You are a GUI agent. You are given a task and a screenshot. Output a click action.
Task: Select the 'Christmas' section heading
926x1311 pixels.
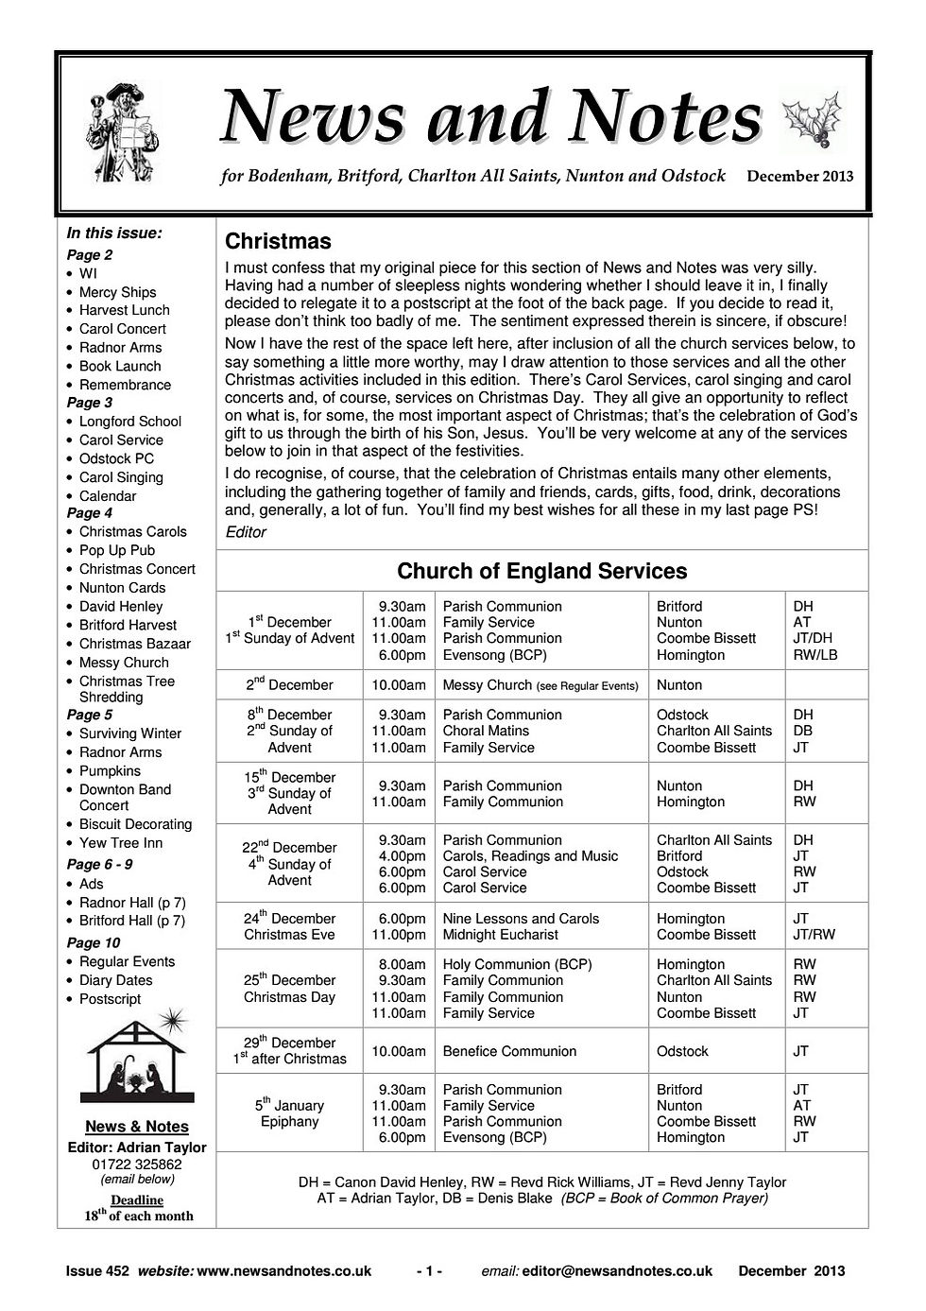pyautogui.click(x=278, y=242)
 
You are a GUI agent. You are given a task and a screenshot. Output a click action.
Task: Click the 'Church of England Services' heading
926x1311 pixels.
pyautogui.click(x=541, y=571)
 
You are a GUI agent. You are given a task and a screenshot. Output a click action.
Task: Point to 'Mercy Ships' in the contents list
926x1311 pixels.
pyautogui.click(x=117, y=292)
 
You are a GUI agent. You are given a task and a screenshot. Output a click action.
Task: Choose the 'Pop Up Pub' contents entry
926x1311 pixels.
pyautogui.click(x=116, y=550)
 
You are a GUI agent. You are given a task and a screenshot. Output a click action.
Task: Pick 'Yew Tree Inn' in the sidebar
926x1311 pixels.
pyautogui.click(x=120, y=843)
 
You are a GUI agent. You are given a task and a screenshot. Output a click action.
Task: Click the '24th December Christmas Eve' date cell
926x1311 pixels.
pyautogui.click(x=289, y=926)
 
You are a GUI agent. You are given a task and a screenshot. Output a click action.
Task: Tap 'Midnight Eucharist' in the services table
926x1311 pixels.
pyautogui.click(x=500, y=935)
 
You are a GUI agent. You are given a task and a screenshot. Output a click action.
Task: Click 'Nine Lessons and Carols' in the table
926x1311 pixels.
pyautogui.click(x=521, y=919)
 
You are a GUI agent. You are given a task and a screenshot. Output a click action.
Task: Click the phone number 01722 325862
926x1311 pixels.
pyautogui.click(x=137, y=1164)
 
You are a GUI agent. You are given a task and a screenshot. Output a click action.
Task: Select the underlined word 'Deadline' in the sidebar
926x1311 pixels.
pyautogui.click(x=137, y=1200)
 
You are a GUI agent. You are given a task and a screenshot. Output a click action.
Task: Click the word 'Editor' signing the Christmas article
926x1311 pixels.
pyautogui.click(x=246, y=532)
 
